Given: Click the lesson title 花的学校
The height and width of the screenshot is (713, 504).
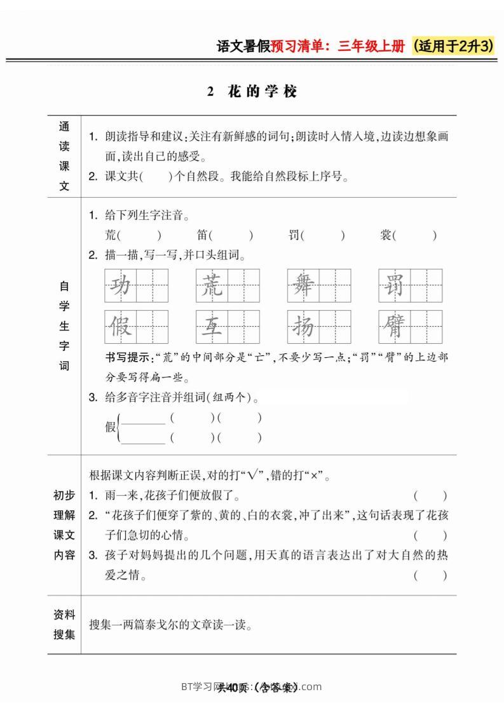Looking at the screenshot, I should coord(262,92).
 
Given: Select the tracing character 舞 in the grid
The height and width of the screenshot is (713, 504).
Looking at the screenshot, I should coord(303,285).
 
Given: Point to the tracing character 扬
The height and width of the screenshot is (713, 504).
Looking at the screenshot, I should coord(303,327).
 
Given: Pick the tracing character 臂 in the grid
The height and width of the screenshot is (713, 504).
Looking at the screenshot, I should coord(394,327).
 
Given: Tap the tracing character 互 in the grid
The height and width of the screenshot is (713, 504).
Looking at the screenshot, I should coord(212,327).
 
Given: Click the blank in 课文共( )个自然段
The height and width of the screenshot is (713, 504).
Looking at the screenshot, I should coord(156,177).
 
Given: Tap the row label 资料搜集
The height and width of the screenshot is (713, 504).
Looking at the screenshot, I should coord(64,625).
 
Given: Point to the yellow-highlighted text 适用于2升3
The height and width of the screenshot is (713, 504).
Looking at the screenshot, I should coord(454,46).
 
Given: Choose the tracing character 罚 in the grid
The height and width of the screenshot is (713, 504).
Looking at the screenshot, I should coord(394,285).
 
